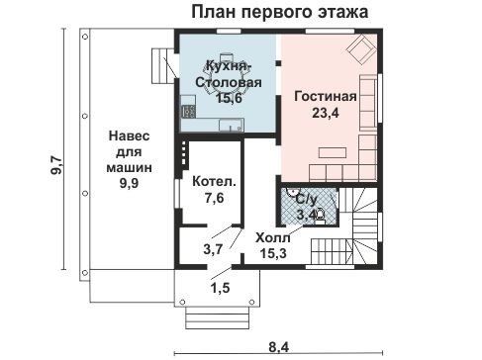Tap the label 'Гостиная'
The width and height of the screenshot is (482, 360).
[x=324, y=97]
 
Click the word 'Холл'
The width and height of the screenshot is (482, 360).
[x=274, y=238]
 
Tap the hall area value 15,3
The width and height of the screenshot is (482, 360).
[x=274, y=254]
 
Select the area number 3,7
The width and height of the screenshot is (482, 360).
[x=212, y=248]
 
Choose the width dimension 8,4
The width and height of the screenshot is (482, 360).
[x=281, y=345]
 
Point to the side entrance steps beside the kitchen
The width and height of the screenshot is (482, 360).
[x=162, y=68]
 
